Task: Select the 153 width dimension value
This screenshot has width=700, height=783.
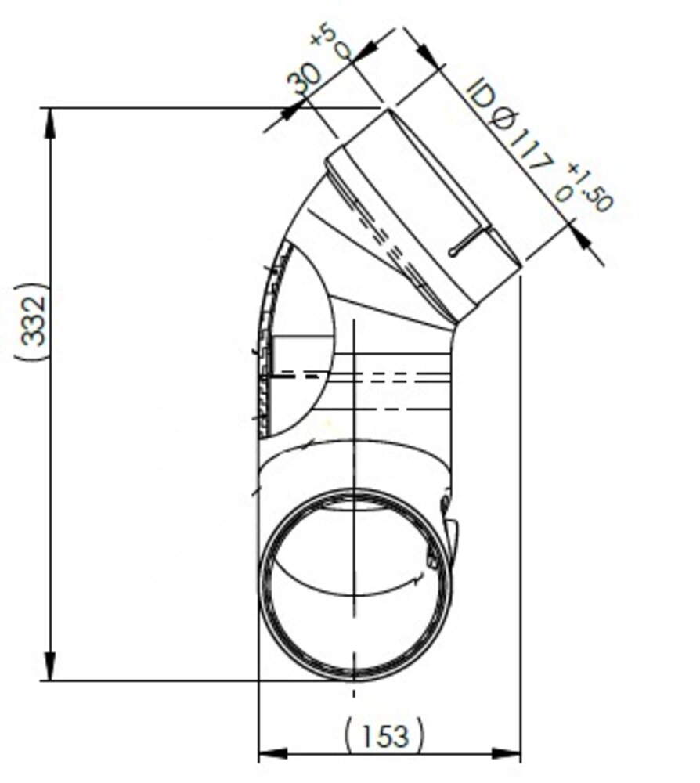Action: point(386,734)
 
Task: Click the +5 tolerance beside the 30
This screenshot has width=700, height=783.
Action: point(330,42)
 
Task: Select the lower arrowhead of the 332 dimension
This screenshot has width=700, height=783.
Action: point(52,666)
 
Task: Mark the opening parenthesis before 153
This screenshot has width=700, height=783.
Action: point(349,734)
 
